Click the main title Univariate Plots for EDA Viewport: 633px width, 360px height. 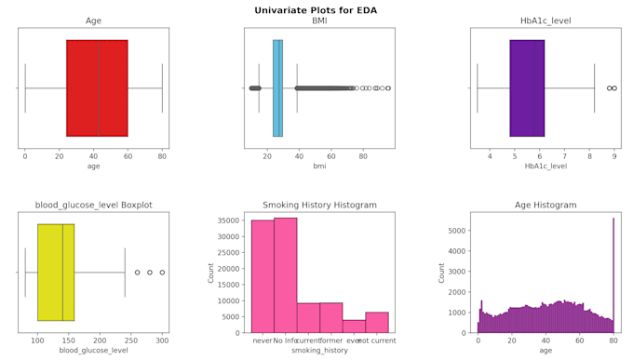point(316,10)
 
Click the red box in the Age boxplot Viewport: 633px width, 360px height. point(97,87)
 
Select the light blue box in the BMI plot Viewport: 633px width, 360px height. point(277,87)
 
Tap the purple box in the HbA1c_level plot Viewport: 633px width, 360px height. point(527,87)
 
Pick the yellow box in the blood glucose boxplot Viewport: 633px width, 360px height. point(56,272)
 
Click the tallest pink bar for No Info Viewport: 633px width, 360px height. point(285,274)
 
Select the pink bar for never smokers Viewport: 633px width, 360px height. point(262,275)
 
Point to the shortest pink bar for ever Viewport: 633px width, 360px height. point(354,326)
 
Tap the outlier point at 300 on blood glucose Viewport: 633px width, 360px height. point(162,273)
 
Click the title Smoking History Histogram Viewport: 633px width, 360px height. point(319,205)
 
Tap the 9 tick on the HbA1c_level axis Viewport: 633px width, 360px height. point(614,156)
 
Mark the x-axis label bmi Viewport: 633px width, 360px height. point(319,166)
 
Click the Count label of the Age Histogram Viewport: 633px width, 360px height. point(442,272)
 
